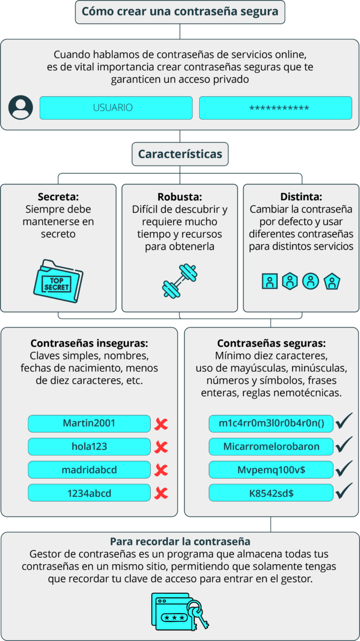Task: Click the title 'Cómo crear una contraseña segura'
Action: coord(180,12)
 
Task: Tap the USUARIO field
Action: coord(116,108)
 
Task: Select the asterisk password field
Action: coord(276,108)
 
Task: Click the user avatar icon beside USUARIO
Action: coord(21,107)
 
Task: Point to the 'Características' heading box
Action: coord(180,154)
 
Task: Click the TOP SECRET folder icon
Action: coord(58,281)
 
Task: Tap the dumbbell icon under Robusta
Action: coord(179,281)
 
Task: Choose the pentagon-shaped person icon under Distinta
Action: coord(332,282)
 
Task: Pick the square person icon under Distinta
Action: coord(270,281)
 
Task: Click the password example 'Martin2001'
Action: coord(89,424)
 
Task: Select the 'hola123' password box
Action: coord(89,447)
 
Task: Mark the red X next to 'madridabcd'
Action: coord(161,470)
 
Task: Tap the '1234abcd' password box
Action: coord(89,493)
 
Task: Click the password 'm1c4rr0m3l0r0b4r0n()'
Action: coord(271,424)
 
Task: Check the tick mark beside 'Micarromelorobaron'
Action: coord(343,444)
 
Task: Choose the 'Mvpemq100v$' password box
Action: coord(271,470)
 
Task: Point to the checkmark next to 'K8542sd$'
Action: coord(343,491)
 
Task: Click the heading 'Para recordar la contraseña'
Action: coord(180,542)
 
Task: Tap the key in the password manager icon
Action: coord(198,614)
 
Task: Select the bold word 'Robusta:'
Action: coord(179,197)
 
